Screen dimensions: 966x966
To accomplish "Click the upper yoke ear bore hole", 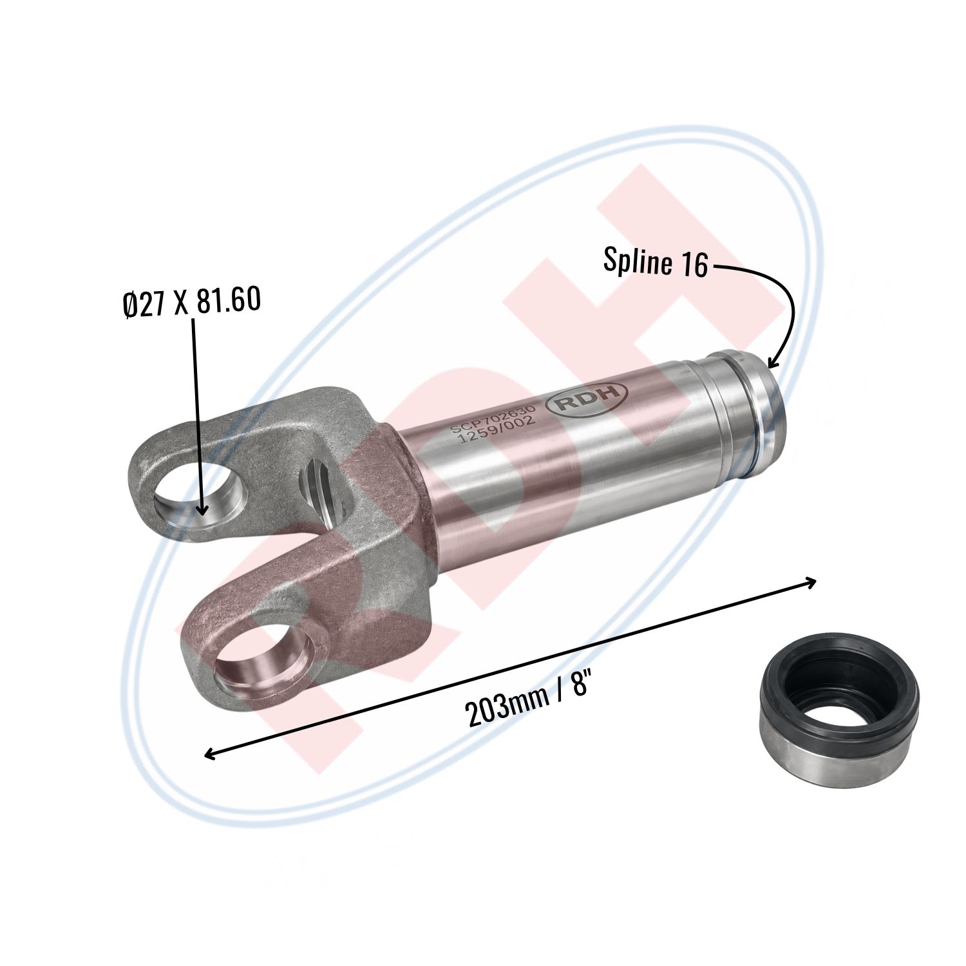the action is pos(201,497).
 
